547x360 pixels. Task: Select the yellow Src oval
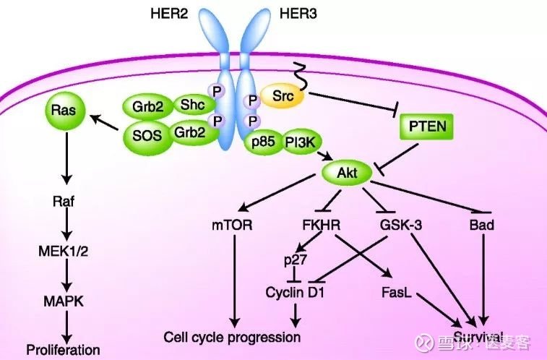tap(283, 95)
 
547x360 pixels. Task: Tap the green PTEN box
tap(427, 127)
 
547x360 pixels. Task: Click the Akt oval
tap(346, 173)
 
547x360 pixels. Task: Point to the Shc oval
tap(192, 104)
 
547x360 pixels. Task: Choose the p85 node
tap(263, 142)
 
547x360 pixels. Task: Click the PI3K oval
tap(301, 142)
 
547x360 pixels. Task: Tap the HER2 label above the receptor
tap(169, 14)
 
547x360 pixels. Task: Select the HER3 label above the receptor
tap(298, 14)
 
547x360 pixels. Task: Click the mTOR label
tap(232, 225)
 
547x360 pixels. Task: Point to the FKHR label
tap(322, 225)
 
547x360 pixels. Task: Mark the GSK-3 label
tap(401, 225)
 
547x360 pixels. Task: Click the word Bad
tap(482, 225)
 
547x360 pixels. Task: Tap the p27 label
tap(296, 260)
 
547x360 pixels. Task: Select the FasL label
tap(397, 292)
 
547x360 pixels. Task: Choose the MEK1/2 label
tap(63, 251)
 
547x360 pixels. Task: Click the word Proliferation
tap(64, 349)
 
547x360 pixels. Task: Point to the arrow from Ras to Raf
tap(66, 158)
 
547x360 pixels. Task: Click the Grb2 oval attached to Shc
tap(148, 106)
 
